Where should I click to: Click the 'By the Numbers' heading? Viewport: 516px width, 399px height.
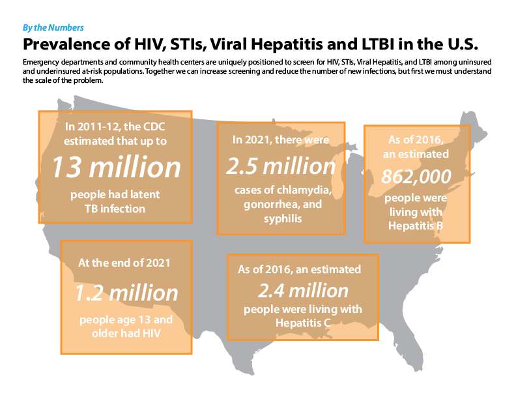click(53, 28)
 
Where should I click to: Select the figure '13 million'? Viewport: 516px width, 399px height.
click(116, 168)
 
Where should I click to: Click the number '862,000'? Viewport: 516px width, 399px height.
click(416, 177)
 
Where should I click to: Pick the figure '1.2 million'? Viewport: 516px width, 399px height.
click(126, 292)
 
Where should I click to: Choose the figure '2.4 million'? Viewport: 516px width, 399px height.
click(303, 289)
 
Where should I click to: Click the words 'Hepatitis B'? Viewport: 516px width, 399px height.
click(416, 225)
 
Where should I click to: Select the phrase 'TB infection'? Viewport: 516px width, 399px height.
click(116, 209)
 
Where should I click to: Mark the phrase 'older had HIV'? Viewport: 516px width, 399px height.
click(126, 334)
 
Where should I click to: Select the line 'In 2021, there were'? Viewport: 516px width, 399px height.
click(280, 140)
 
